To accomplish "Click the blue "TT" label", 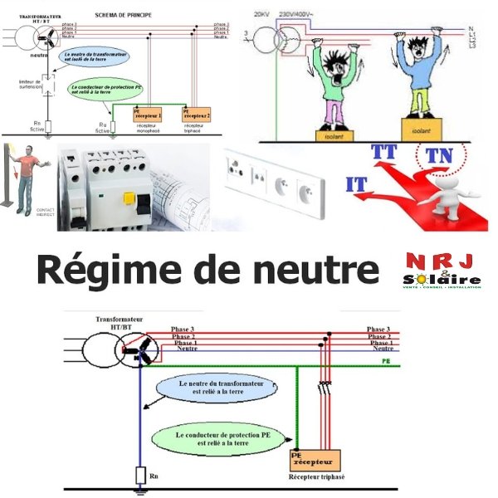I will (x=384, y=152).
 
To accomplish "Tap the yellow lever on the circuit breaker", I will (x=130, y=199).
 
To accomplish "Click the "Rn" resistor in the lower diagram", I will (x=141, y=475).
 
